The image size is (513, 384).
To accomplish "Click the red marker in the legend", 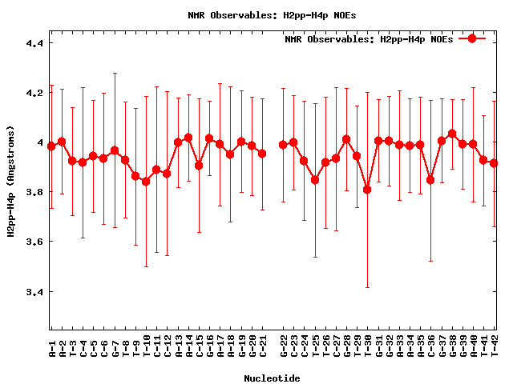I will (472, 38).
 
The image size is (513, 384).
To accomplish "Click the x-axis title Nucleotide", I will (273, 378).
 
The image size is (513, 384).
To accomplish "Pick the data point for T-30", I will (367, 190).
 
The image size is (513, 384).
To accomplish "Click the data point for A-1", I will (51, 146).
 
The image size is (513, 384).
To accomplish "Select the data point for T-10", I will (146, 182).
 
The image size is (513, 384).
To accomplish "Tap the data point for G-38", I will (452, 134).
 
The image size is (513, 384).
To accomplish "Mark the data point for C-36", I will (430, 180).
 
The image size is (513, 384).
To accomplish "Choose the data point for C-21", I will (262, 153).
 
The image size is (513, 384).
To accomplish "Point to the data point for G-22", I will (283, 145).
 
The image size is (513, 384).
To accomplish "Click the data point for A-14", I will (188, 138).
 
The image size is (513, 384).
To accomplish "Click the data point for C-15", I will (199, 166).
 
